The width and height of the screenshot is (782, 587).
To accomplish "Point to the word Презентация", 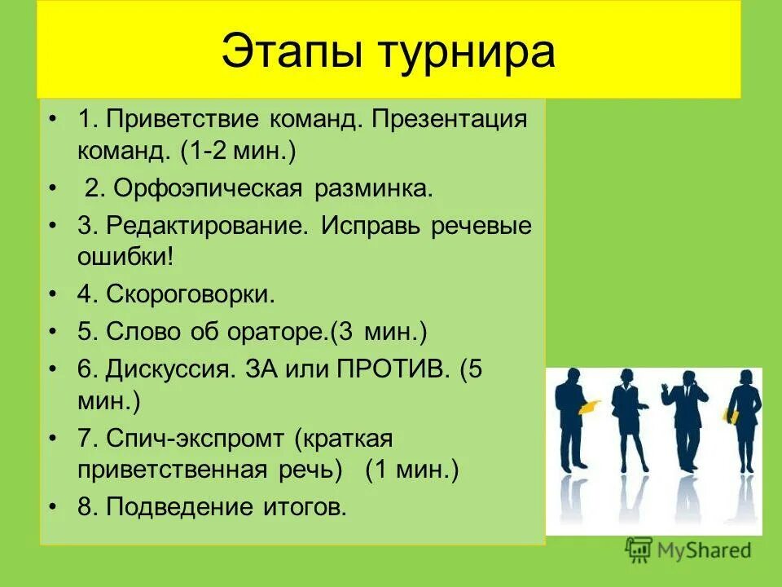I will click(450, 120).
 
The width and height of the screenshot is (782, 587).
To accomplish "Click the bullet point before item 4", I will click(55, 294).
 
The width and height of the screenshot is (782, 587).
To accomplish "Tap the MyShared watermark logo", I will click(688, 549).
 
